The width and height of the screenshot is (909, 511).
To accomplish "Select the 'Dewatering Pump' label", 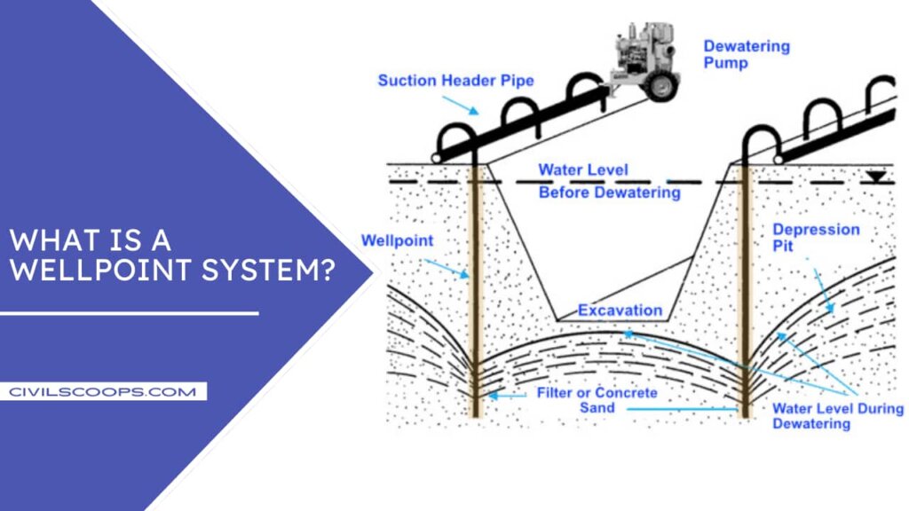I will point(746,54).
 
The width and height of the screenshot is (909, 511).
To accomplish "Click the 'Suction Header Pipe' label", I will point(455,81).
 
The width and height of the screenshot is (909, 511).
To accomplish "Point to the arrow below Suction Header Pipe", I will point(460,106).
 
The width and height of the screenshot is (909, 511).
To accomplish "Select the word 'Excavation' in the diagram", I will point(620,311).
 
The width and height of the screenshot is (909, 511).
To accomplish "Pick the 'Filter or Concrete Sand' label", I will point(597,400).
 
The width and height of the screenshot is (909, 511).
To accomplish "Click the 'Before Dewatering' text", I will point(609,193).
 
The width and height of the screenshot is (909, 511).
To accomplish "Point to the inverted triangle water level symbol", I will point(875,177).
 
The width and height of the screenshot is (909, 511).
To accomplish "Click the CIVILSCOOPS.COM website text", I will point(103,391).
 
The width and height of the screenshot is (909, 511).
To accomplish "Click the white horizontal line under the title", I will point(129,313).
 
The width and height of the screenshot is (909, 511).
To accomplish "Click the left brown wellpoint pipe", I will point(475,293).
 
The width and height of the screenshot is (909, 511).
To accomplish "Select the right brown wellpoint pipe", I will point(745,293).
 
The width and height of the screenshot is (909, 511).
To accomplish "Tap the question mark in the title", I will point(327,270).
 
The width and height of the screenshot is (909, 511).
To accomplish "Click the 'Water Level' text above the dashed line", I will point(583,169).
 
